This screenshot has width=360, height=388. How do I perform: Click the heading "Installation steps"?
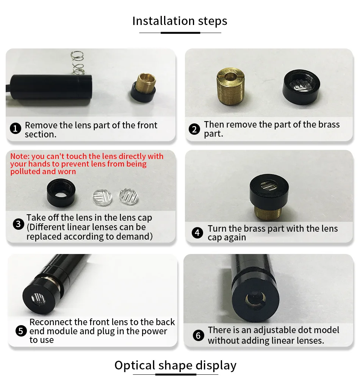click(x=180, y=21)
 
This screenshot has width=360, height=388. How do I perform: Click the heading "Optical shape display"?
click(x=175, y=365)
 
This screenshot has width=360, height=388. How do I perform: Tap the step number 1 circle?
click(x=16, y=129)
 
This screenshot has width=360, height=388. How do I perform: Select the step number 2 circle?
click(x=194, y=129)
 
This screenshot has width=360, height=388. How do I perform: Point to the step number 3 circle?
click(x=18, y=224)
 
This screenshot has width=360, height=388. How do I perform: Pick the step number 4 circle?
click(x=197, y=232)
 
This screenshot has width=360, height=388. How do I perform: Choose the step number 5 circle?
click(x=21, y=331)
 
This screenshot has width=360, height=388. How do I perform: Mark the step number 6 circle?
click(x=199, y=335)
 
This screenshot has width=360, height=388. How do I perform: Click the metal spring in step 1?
click(x=77, y=63)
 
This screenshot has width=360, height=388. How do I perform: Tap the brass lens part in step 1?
click(x=146, y=83)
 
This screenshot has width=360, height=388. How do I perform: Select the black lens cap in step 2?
click(x=301, y=87)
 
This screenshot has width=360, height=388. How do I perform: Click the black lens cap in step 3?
click(x=61, y=193)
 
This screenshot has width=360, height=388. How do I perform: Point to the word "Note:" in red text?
click(x=20, y=156)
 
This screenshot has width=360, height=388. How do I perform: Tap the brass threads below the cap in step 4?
click(x=268, y=213)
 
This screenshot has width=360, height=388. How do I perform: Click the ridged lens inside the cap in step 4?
click(x=269, y=185)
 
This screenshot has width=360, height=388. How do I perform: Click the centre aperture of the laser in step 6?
click(x=255, y=299)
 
